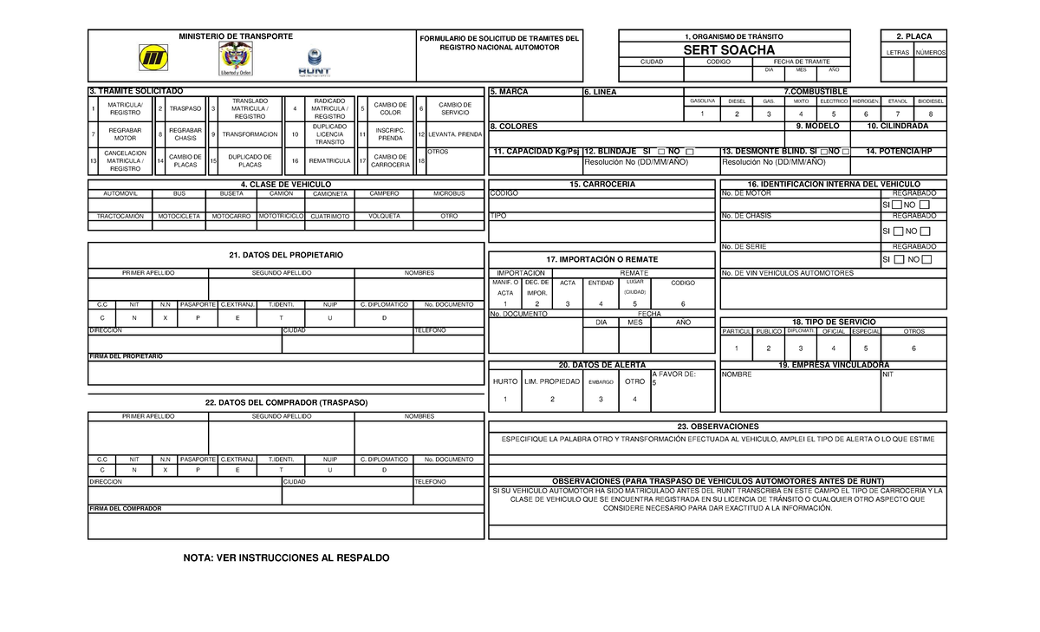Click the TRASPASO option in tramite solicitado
(185, 109)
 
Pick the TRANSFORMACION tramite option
(250, 135)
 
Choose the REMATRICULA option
(329, 161)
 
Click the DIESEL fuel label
(737, 101)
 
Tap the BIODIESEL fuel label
(931, 101)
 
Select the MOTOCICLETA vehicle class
(179, 216)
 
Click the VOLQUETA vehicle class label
(384, 216)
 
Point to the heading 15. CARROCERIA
(602, 185)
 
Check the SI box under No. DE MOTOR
(897, 205)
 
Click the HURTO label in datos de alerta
(505, 381)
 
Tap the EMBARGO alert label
(601, 382)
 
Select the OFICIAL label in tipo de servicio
(833, 331)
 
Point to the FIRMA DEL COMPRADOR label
(126, 509)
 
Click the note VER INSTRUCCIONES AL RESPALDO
(286, 557)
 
